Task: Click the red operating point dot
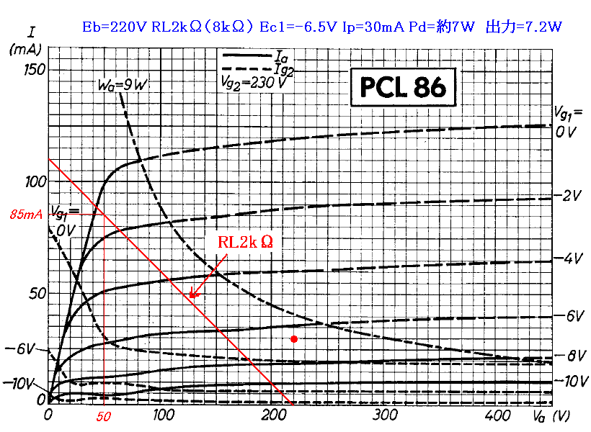[293, 338]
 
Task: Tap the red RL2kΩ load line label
[246, 242]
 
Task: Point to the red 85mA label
[25, 215]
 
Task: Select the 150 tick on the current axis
[35, 69]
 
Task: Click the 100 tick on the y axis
[35, 181]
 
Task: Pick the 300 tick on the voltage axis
[386, 415]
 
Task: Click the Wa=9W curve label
[123, 85]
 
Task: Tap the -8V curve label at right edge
[572, 356]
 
